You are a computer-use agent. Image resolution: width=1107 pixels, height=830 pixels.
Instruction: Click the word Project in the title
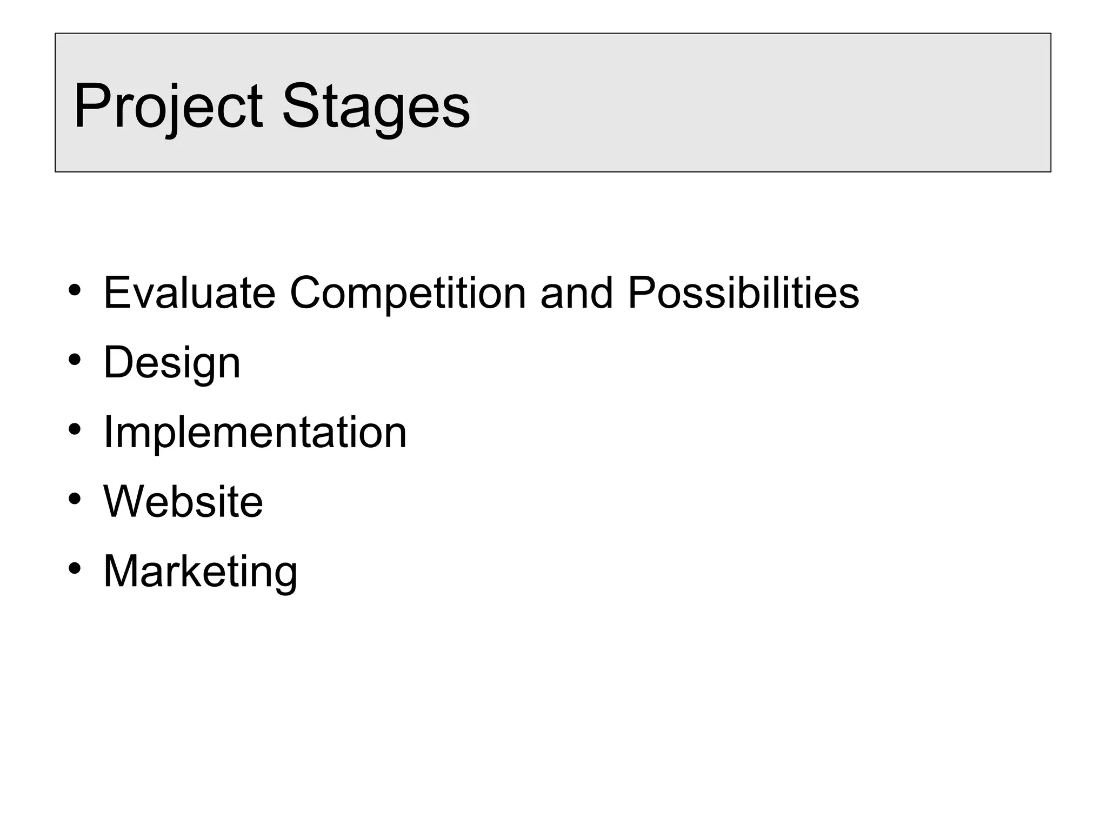(168, 106)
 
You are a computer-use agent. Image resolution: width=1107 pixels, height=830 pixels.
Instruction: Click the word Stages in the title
(376, 106)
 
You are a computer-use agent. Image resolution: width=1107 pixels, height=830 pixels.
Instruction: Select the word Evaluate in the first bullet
(189, 293)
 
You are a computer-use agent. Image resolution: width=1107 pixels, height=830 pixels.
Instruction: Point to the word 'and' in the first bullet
(577, 293)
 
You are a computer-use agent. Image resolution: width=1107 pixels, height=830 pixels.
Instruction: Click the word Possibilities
(743, 293)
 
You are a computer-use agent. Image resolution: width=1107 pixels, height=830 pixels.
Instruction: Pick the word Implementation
(255, 432)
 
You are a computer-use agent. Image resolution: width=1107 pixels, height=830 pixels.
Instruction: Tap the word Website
(183, 501)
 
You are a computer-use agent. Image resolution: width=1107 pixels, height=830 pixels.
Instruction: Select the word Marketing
(200, 572)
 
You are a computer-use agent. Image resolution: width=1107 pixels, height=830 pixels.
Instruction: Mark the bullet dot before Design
(75, 360)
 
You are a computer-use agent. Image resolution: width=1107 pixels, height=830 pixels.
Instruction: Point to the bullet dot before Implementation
(75, 429)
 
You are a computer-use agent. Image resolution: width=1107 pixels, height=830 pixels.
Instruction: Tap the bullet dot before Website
(75, 499)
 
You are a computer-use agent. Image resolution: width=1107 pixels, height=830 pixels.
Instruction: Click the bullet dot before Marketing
(75, 568)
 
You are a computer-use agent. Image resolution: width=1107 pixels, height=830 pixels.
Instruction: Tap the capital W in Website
(124, 501)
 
